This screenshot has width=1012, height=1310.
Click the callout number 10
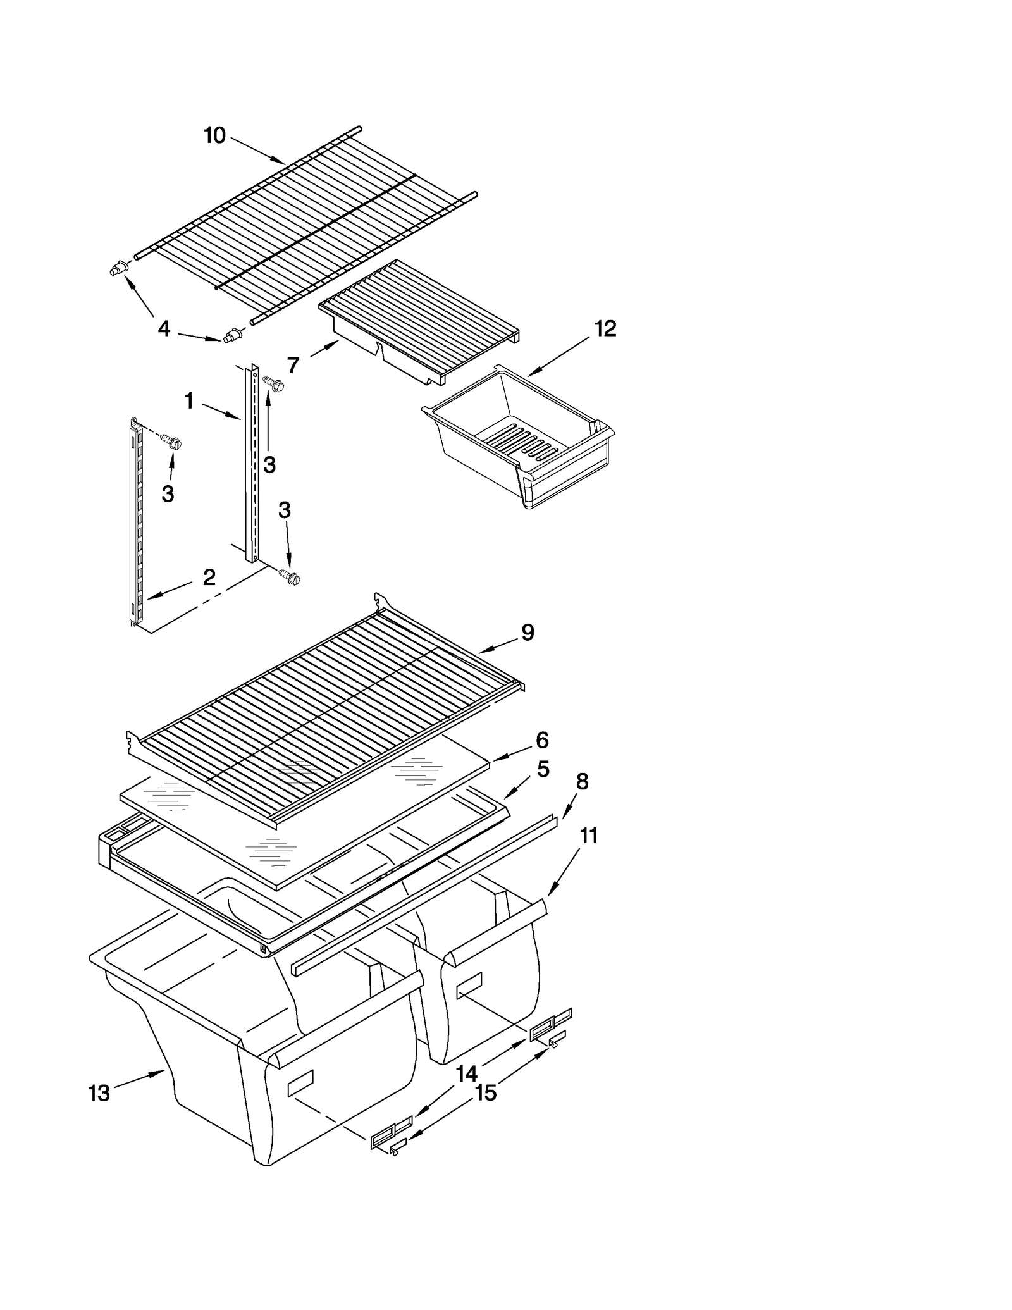pos(214,135)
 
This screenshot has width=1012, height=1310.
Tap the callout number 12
pos(605,328)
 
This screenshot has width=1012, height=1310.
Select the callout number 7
pos(293,365)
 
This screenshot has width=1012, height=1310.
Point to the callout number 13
pos(99,1092)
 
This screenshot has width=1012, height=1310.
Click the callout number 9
pos(528,632)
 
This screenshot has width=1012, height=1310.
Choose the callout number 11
pos(588,836)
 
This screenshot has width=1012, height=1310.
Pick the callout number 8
pos(582,782)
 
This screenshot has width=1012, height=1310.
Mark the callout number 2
pos(209,577)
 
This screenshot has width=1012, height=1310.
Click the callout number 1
pos(188,400)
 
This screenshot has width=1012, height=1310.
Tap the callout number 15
pos(486,1092)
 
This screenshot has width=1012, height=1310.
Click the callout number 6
pos(541,739)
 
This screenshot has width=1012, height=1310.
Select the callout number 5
pos(543,769)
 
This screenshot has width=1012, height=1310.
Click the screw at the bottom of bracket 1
pos(290,576)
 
